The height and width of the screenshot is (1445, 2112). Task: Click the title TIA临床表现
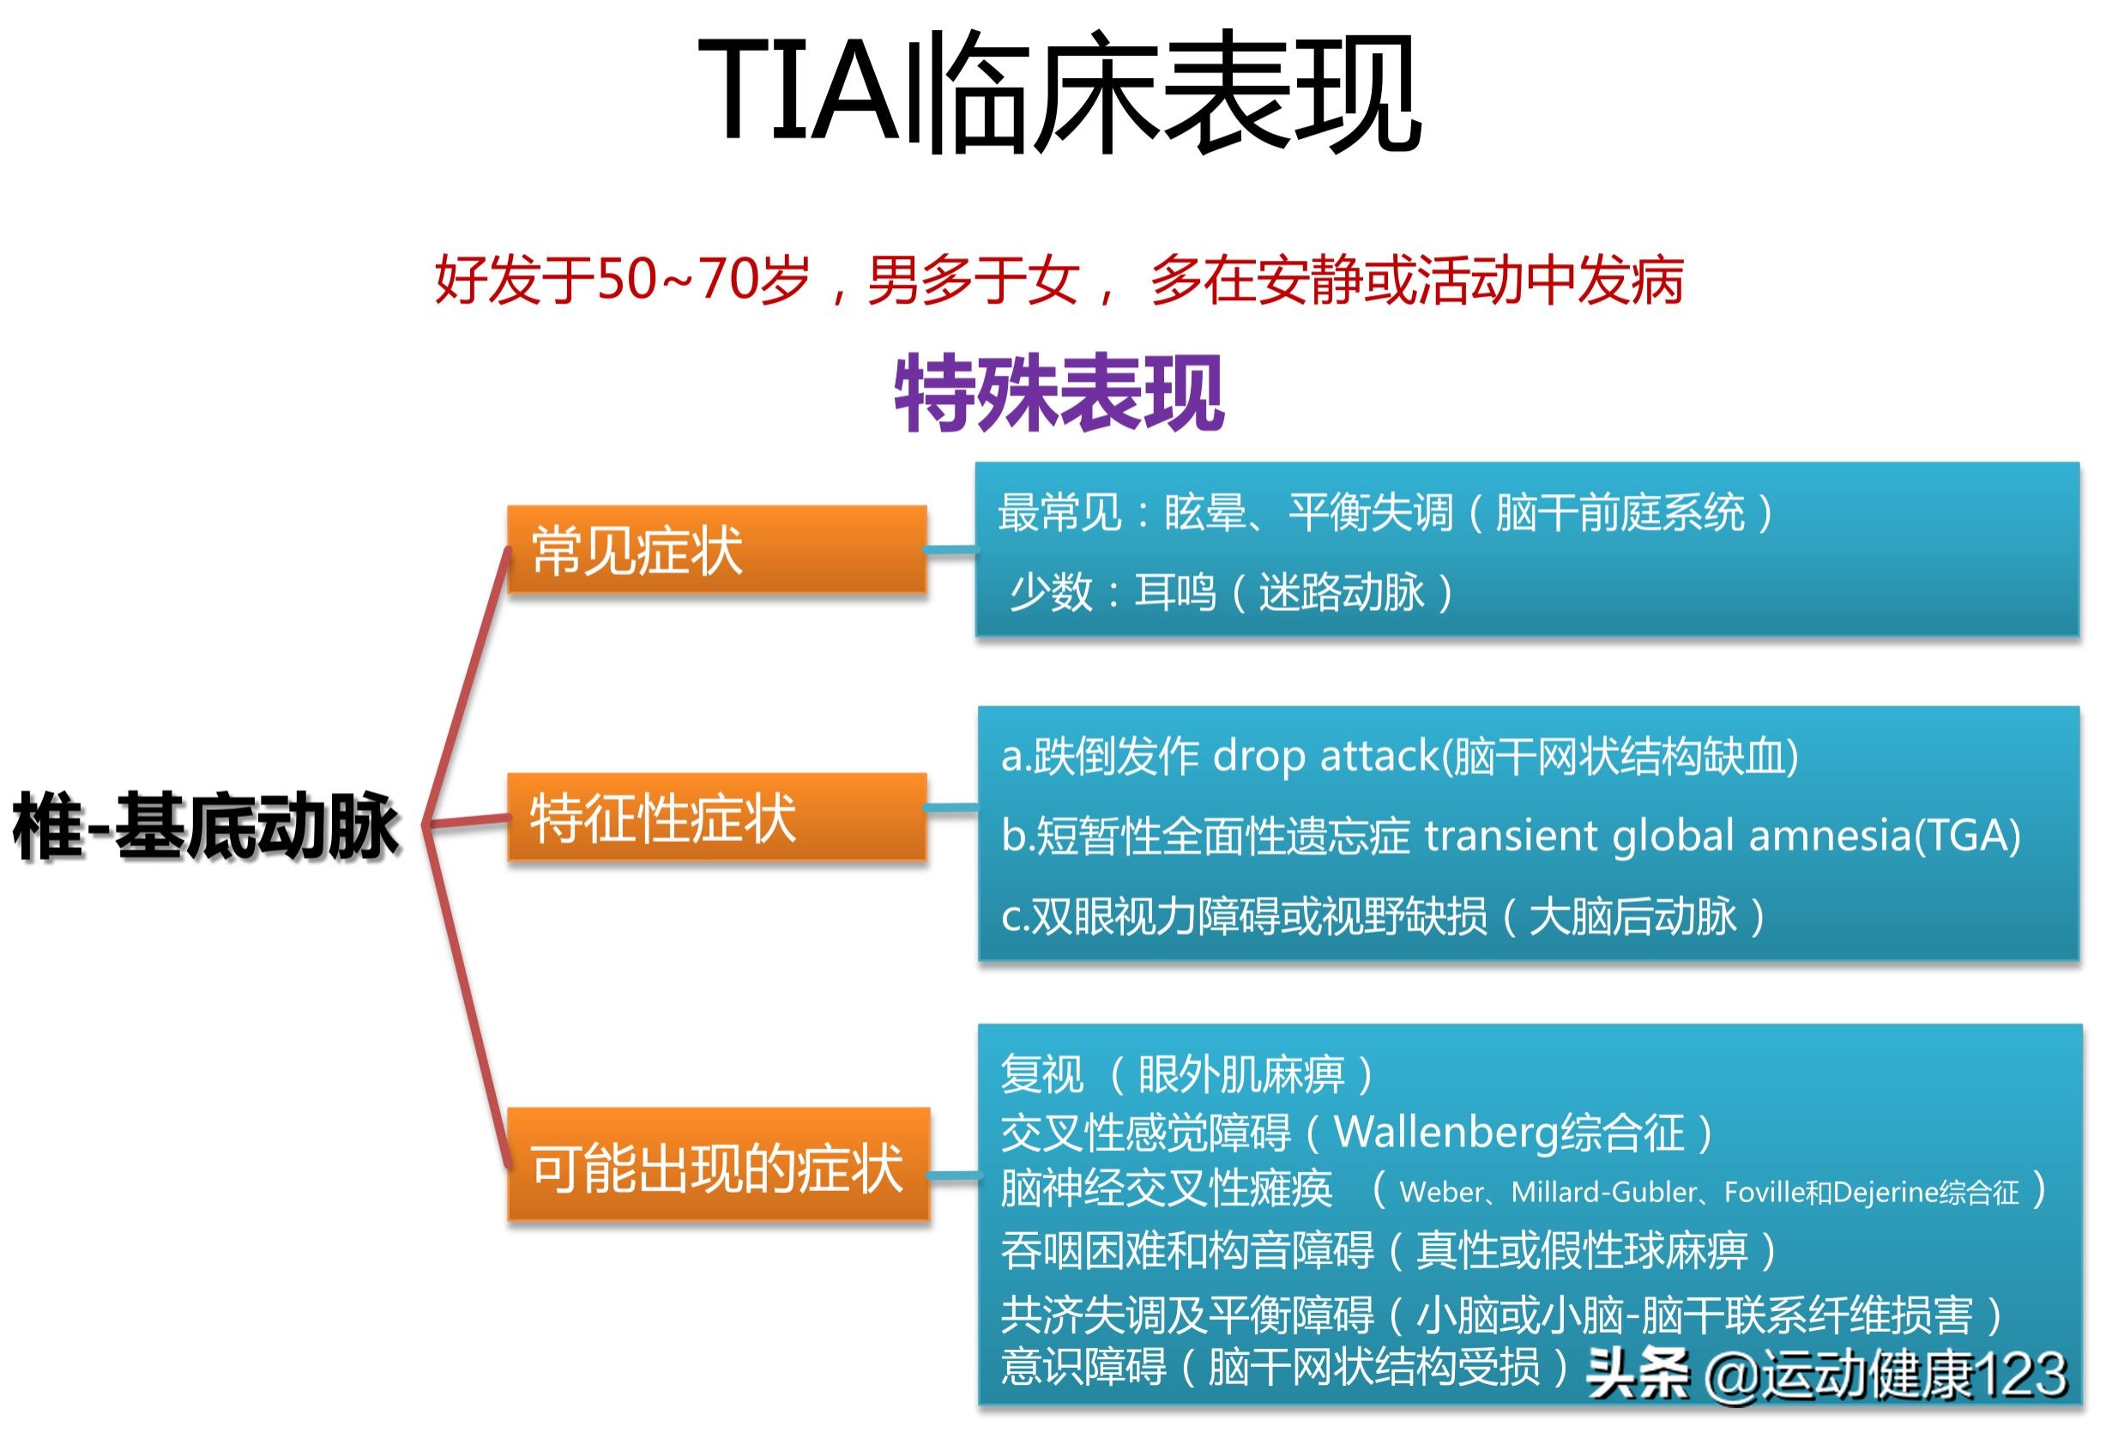(x=1059, y=91)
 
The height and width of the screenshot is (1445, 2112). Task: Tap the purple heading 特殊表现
(x=1059, y=393)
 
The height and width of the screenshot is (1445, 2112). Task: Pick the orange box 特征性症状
(x=716, y=817)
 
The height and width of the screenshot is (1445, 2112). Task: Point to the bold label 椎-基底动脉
(x=205, y=826)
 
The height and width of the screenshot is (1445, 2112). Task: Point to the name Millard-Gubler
(x=1603, y=1193)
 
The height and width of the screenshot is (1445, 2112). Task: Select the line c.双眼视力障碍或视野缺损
(x=1381, y=916)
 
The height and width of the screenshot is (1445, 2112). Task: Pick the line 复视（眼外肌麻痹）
(x=1186, y=1075)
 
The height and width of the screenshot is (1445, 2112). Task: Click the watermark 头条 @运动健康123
(x=1826, y=1374)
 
